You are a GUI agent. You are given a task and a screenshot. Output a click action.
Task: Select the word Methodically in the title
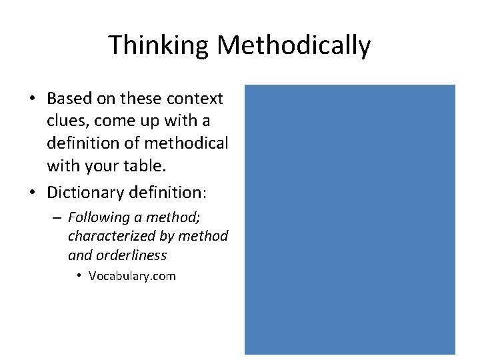[x=294, y=45]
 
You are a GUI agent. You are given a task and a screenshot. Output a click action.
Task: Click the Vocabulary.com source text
[x=132, y=275]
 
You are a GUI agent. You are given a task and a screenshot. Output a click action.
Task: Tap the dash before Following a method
[x=59, y=218]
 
